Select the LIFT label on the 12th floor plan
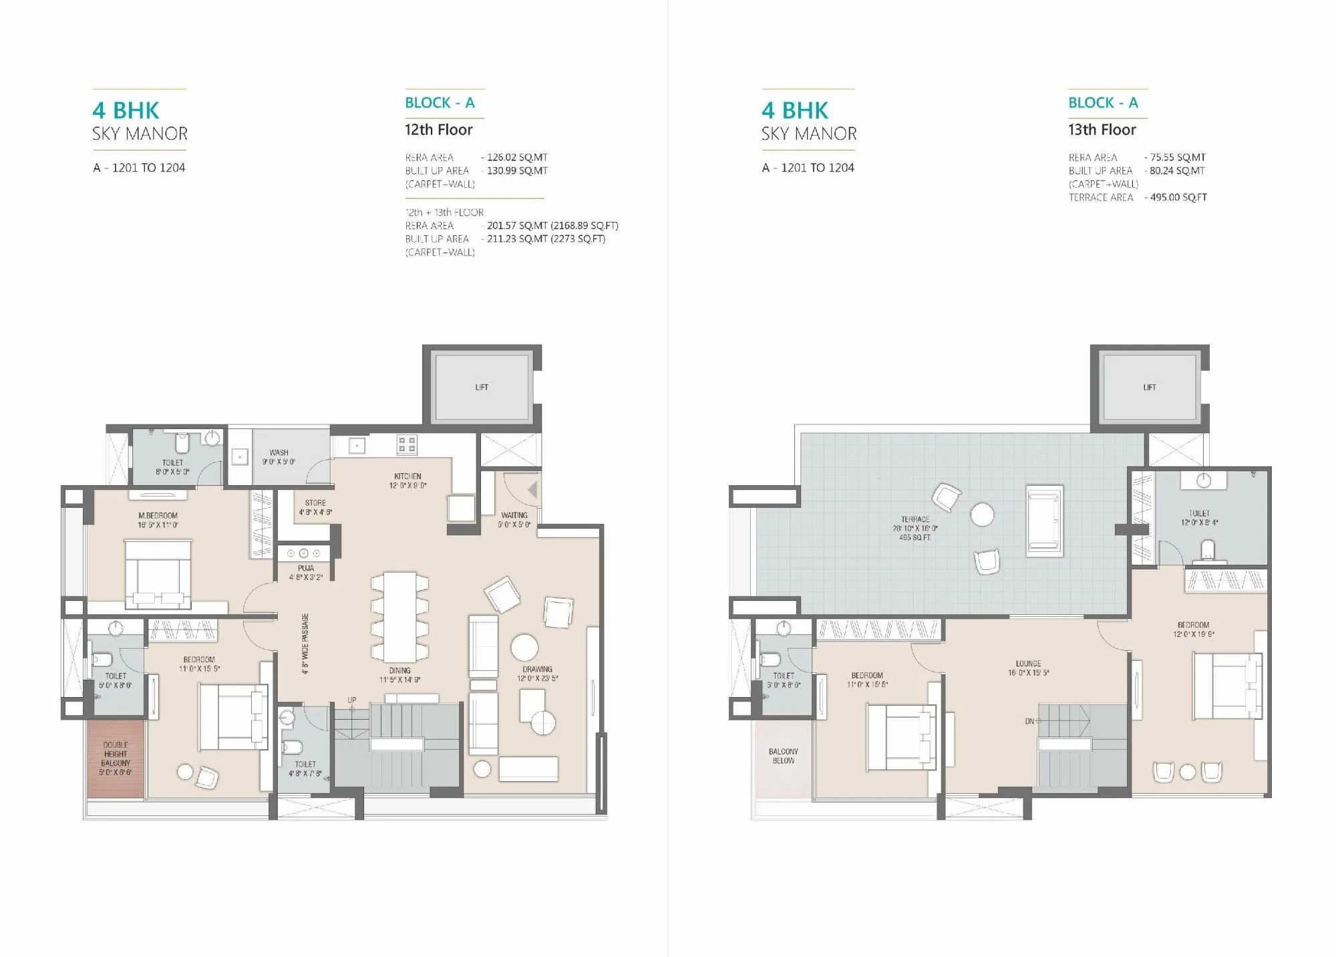482,387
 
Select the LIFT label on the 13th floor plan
1149,387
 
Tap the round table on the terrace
982,515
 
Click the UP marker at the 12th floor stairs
352,700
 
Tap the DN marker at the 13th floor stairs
1029,721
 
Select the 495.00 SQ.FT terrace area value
1178,197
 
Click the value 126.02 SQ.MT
517,157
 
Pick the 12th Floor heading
438,130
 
